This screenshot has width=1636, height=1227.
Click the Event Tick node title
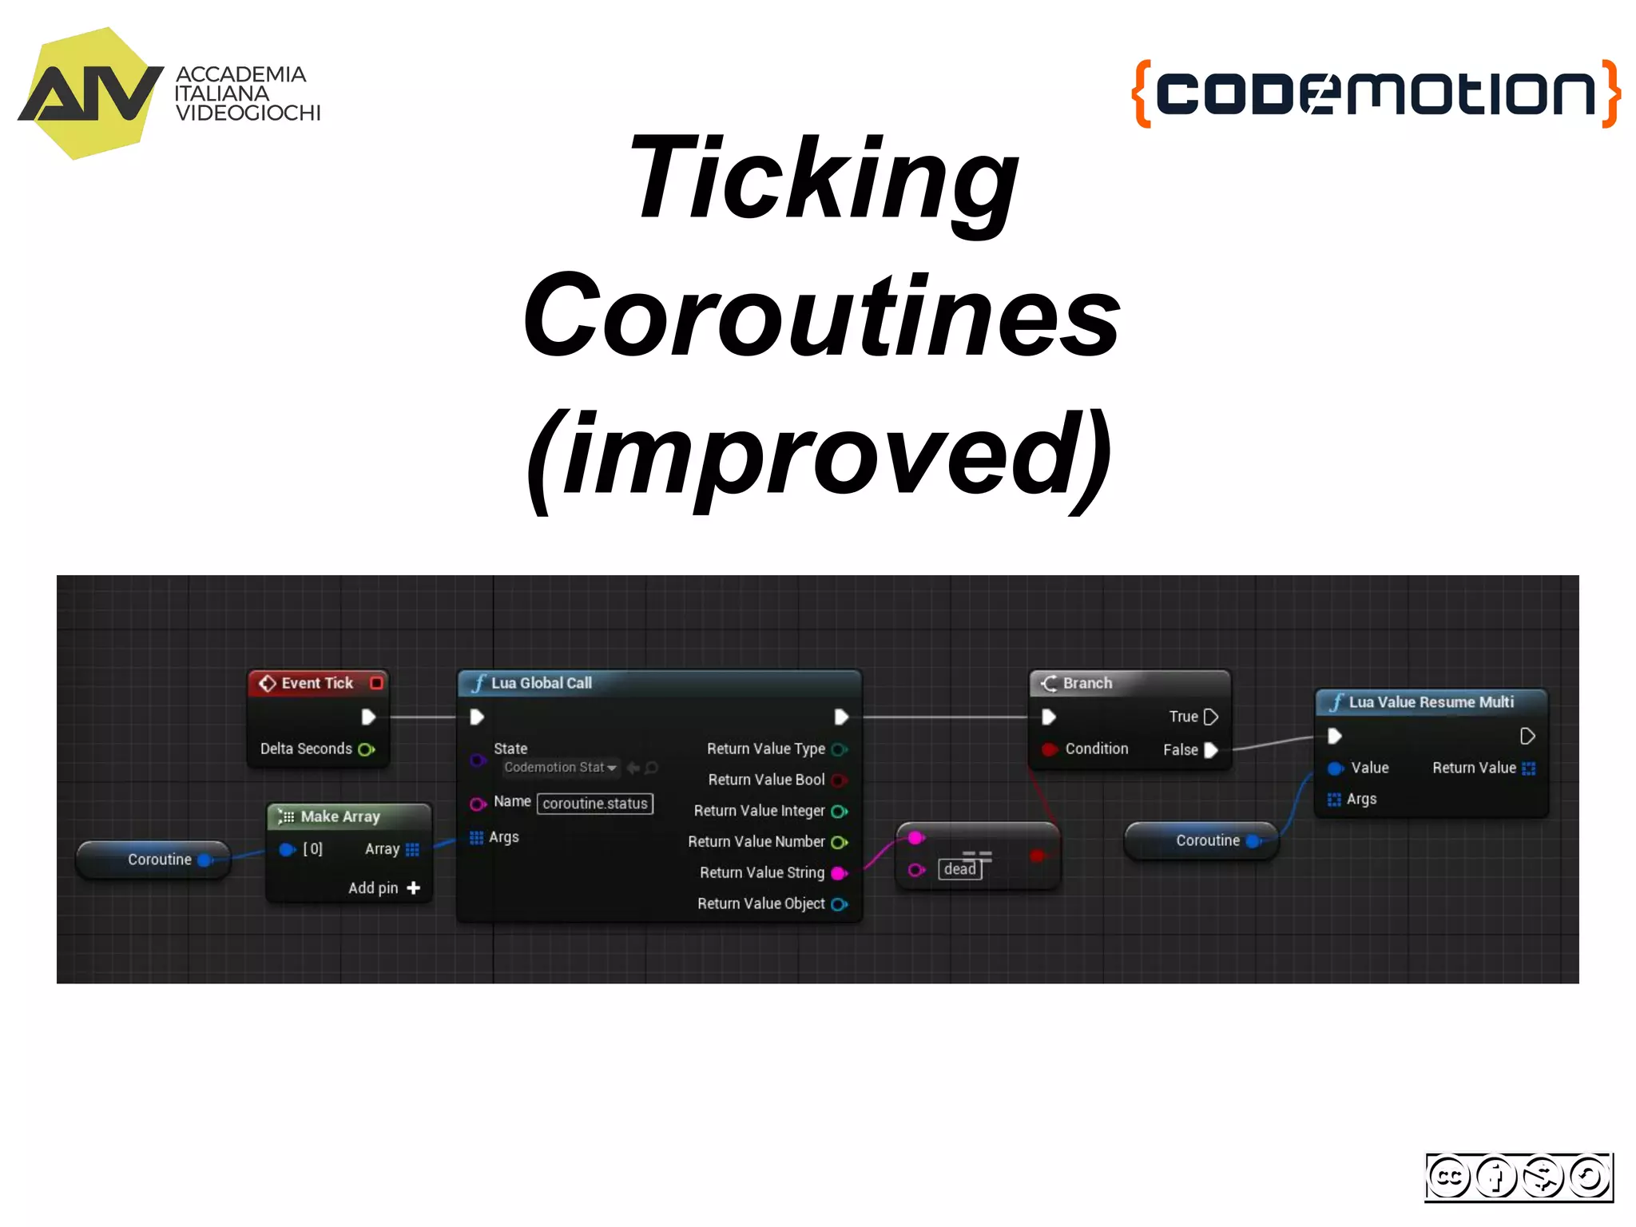(316, 683)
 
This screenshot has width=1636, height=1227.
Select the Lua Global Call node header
(541, 683)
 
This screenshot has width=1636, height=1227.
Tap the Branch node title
(1086, 683)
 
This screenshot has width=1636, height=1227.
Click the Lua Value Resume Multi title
(1430, 702)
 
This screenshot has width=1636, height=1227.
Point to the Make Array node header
(340, 816)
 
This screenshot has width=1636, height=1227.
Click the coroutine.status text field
(595, 804)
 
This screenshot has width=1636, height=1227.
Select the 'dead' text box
(959, 869)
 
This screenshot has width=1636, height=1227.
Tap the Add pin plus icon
(414, 887)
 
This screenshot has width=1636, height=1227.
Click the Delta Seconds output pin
(366, 749)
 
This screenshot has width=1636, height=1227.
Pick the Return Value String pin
(838, 873)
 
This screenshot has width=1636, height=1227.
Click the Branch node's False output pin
(1211, 750)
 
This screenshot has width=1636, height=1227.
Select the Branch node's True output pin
(1211, 717)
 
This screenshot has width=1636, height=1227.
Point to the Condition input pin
(1050, 749)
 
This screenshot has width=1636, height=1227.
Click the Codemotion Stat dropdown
(560, 768)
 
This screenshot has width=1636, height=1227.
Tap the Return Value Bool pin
(838, 780)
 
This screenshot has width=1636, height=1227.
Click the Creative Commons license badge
(1519, 1177)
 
